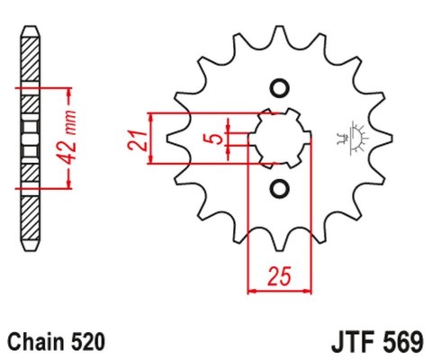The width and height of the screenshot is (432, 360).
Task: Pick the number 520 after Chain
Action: click(89, 342)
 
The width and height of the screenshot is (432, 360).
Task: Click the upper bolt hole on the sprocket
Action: click(278, 88)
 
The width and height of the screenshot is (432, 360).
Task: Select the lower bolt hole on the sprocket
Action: click(278, 188)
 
